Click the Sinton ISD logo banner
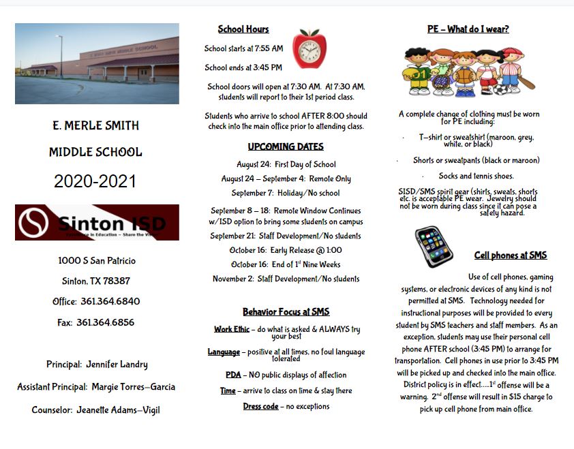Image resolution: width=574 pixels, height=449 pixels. [x=97, y=222]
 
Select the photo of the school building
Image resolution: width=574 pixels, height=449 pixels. [x=97, y=63]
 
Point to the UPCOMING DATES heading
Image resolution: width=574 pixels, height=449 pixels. [x=286, y=146]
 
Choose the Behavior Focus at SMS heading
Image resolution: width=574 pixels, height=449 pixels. [x=286, y=312]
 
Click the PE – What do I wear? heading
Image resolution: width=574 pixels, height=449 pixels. [x=468, y=29]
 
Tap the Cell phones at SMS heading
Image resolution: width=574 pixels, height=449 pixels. [x=510, y=256]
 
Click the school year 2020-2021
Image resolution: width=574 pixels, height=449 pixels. [x=95, y=181]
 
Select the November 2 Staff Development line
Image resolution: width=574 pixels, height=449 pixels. [x=286, y=279]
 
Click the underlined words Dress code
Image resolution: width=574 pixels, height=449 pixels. [x=260, y=407]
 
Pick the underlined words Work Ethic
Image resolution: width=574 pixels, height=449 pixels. [x=231, y=329]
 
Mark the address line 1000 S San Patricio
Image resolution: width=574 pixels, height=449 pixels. [x=97, y=261]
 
